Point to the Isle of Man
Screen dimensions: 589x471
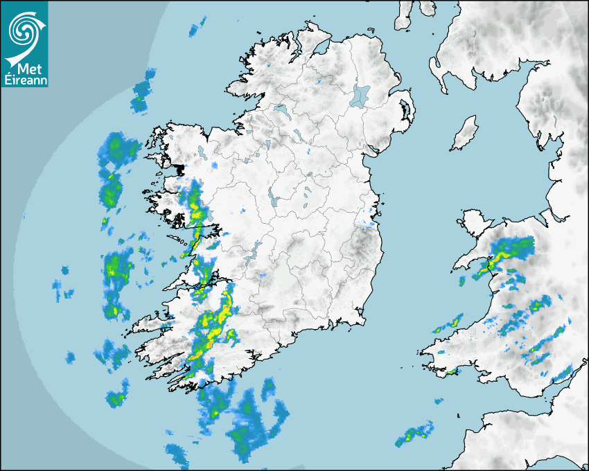(465, 134)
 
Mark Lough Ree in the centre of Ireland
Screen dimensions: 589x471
(274, 199)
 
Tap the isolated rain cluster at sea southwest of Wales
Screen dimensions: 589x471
(414, 434)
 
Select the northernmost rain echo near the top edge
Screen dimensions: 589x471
(197, 28)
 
